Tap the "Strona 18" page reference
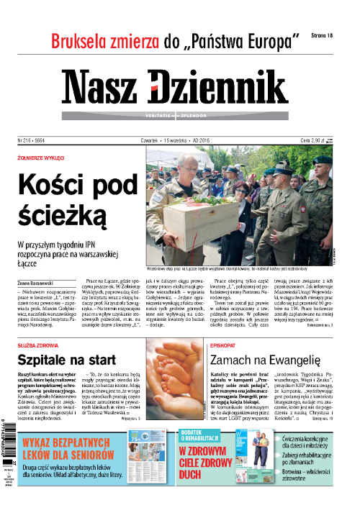coord(320,35)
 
